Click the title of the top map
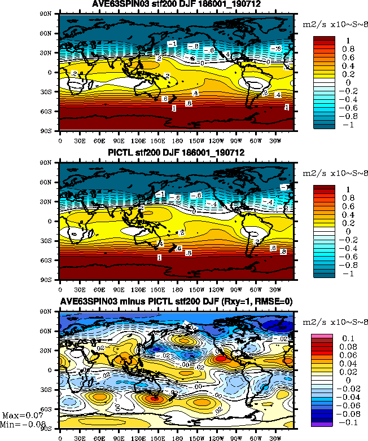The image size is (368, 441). click(177, 6)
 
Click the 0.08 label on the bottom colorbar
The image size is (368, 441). click(345, 347)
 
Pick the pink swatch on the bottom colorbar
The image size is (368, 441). click(322, 337)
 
